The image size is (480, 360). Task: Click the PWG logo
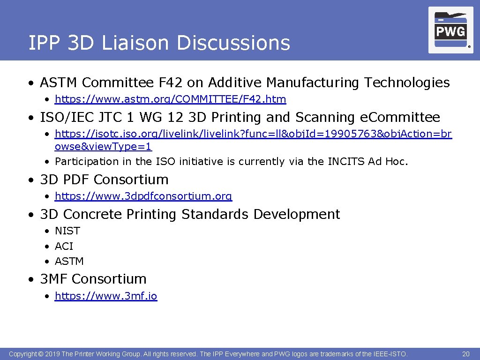450,30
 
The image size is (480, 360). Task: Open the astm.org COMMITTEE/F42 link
170,99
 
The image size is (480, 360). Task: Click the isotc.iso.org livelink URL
253,134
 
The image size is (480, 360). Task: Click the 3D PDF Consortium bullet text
104,180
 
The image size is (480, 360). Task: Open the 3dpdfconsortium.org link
143,196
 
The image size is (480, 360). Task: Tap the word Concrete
91,215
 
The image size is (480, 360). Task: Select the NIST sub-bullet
67,231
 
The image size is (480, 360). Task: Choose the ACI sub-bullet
64,246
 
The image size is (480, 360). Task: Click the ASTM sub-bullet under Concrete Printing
69,261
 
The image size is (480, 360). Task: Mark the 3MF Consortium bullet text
93,279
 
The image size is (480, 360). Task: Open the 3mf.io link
106,296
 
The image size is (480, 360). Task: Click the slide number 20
465,354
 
